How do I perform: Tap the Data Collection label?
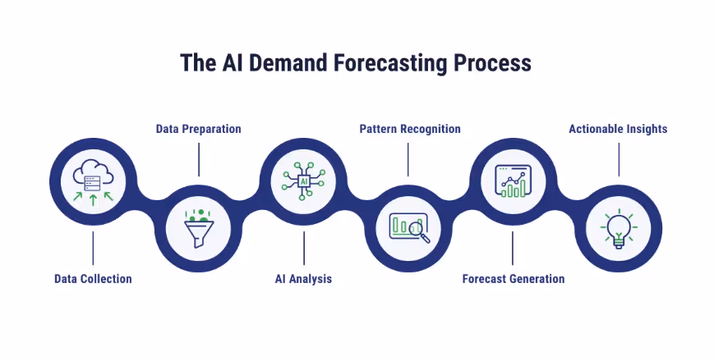[x=93, y=279]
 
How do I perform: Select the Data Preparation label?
[x=199, y=129]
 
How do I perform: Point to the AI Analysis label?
[x=303, y=279]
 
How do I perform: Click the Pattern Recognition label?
[x=410, y=129]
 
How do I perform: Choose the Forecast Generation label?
[x=514, y=279]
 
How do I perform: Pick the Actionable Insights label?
[x=618, y=129]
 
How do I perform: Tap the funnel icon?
[x=198, y=227]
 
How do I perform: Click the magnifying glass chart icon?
[x=409, y=227]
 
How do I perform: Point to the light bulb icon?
[x=618, y=227]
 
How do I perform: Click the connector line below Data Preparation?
[x=199, y=159]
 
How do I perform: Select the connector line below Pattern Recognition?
[x=408, y=159]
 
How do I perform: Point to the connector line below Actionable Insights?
[x=618, y=159]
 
